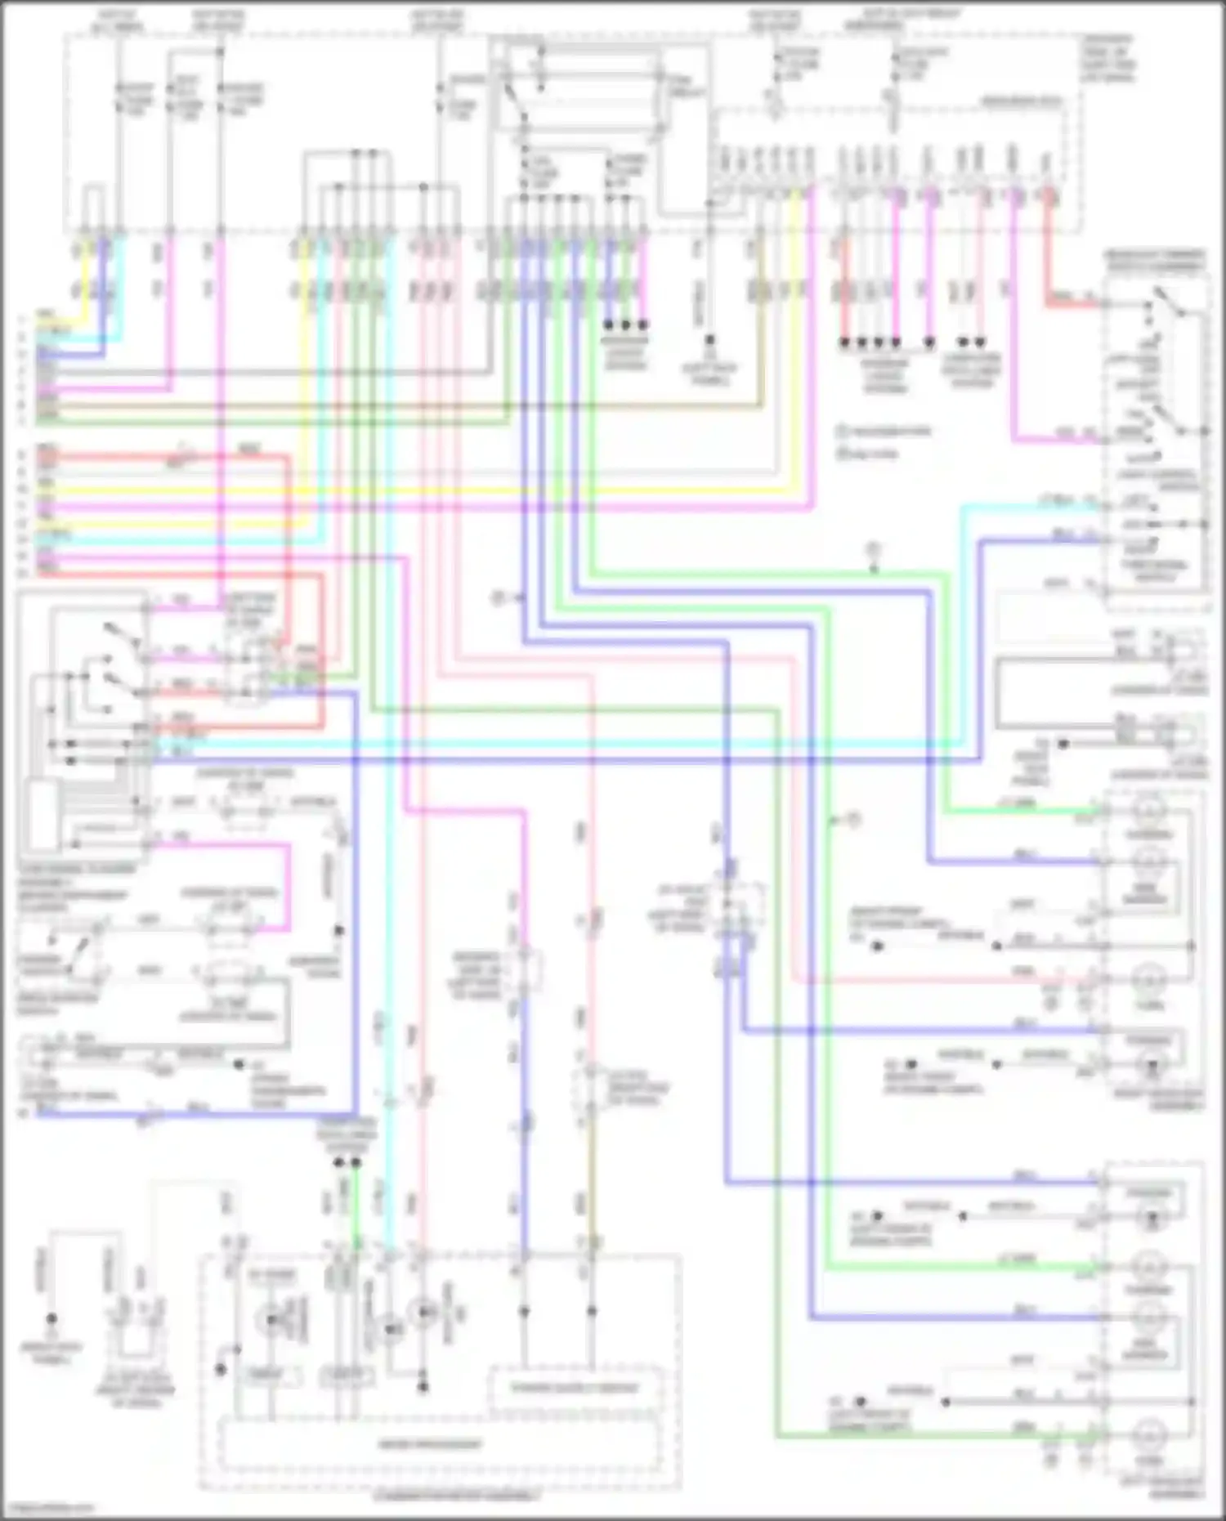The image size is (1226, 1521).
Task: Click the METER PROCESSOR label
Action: pos(430,1444)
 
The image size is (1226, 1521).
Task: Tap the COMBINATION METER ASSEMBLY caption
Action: pos(456,1496)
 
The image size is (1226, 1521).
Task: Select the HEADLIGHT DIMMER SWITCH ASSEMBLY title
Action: pos(1154,261)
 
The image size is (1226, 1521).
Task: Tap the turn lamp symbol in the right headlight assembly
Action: pos(1150,977)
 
